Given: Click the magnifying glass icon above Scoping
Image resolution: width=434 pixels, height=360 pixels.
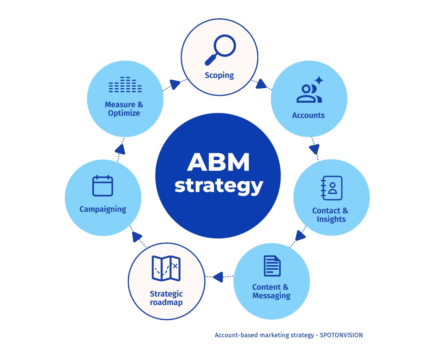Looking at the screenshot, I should click(221, 49).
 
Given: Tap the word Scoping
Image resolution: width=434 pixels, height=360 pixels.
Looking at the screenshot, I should click(219, 75).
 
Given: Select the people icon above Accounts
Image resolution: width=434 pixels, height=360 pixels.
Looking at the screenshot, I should click(308, 94).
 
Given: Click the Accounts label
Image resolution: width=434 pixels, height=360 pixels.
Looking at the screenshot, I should click(308, 116).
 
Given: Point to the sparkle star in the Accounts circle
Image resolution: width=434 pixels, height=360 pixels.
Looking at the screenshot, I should click(319, 80).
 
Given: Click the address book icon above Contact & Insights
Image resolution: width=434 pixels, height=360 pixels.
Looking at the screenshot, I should click(331, 188).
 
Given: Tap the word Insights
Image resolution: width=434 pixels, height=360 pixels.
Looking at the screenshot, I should click(331, 219).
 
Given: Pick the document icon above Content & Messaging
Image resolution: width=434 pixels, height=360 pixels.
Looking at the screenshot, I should click(272, 266).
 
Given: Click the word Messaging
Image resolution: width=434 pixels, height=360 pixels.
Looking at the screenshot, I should click(271, 296).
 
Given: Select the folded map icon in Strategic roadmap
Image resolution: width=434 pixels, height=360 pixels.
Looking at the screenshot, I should click(166, 268).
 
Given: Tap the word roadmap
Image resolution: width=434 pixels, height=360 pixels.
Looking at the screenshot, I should click(166, 302).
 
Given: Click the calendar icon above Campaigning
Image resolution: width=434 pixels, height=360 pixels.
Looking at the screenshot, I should click(103, 186).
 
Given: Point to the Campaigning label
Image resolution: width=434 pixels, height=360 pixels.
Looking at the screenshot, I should click(103, 209).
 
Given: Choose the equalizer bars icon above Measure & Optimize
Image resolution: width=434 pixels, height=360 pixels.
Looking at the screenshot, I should click(125, 85).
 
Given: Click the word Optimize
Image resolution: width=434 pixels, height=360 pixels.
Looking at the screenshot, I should click(124, 113).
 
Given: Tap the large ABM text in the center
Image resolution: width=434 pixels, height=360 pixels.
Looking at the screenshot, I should click(218, 162).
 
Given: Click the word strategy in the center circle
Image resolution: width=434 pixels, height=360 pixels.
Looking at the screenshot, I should click(218, 186).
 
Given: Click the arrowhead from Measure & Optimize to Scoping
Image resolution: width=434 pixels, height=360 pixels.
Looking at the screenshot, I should click(175, 84).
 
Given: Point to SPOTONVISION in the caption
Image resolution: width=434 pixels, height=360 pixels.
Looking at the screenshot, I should click(341, 335).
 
